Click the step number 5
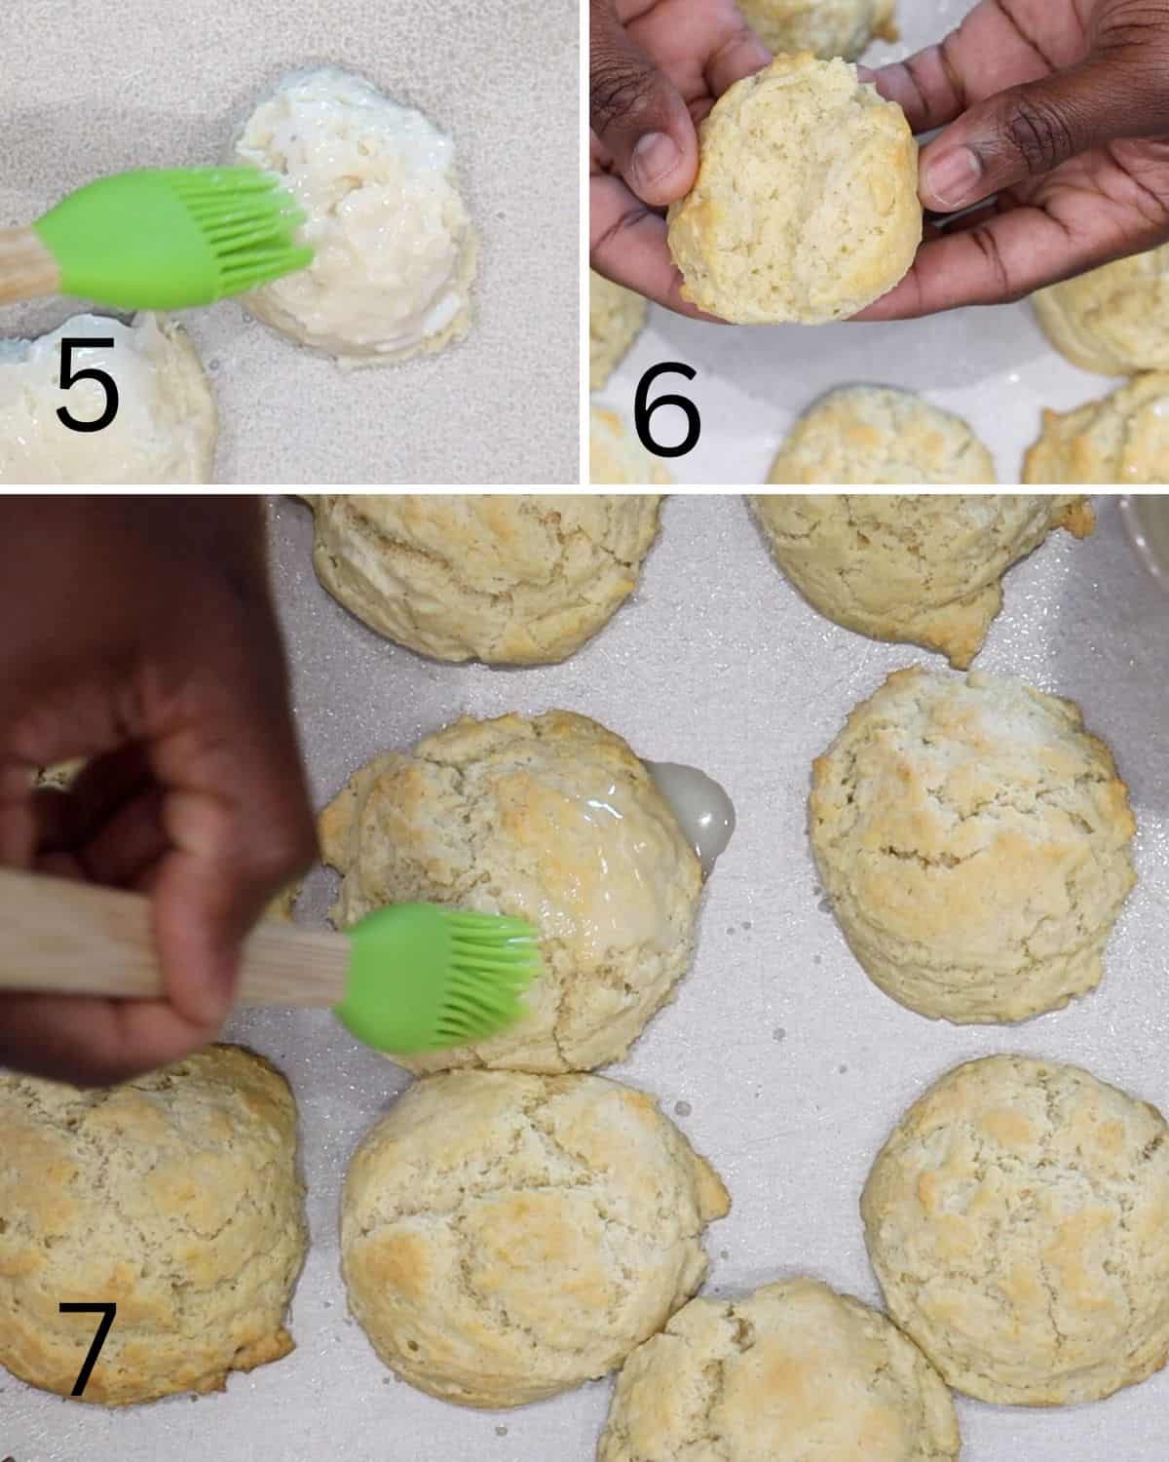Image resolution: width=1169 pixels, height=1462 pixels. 88,384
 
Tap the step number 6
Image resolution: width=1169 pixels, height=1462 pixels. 666,409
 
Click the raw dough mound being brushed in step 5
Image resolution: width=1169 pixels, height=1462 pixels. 357,217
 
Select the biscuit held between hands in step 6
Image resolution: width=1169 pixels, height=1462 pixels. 795,194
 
